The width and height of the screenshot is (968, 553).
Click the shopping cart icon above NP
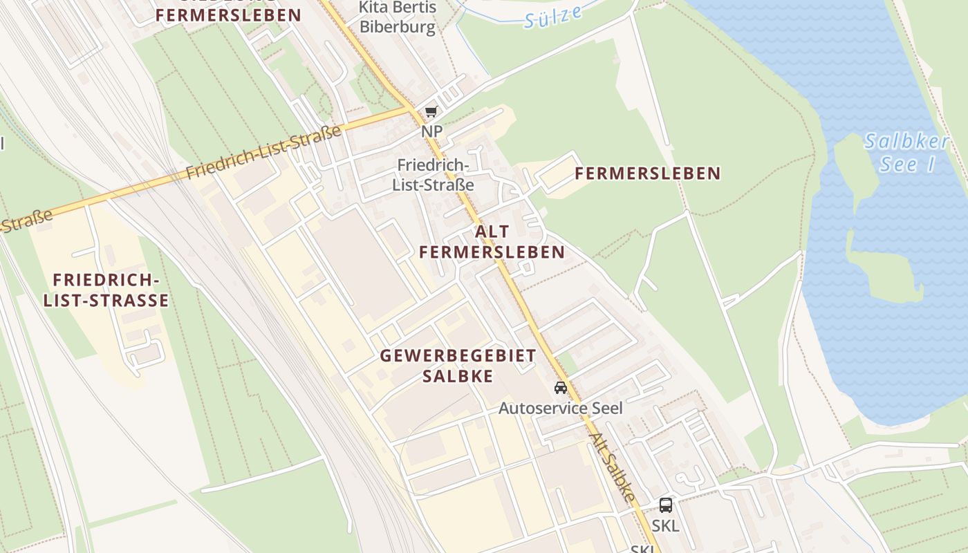(x=431, y=112)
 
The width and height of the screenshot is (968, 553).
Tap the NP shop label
(x=431, y=131)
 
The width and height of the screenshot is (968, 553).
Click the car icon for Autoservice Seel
(x=561, y=388)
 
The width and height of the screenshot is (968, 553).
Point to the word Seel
(x=606, y=408)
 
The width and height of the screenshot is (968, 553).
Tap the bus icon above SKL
(x=666, y=505)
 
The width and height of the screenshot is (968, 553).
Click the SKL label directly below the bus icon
(x=665, y=525)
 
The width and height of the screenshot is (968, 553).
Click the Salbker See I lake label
(x=906, y=153)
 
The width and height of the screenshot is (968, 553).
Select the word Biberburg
(x=398, y=28)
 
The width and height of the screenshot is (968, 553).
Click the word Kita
(x=374, y=8)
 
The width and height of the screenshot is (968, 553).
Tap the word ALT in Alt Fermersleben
(x=492, y=232)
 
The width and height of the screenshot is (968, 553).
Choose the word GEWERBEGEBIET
(x=458, y=356)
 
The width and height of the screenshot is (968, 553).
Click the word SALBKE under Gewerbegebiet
(x=458, y=376)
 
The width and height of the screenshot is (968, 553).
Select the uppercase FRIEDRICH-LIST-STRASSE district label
(x=106, y=290)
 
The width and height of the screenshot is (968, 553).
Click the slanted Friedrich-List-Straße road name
(x=265, y=152)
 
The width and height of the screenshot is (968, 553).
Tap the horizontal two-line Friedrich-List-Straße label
(x=433, y=175)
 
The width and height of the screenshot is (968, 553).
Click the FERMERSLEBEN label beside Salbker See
(x=647, y=174)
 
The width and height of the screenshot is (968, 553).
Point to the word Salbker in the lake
(x=906, y=142)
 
